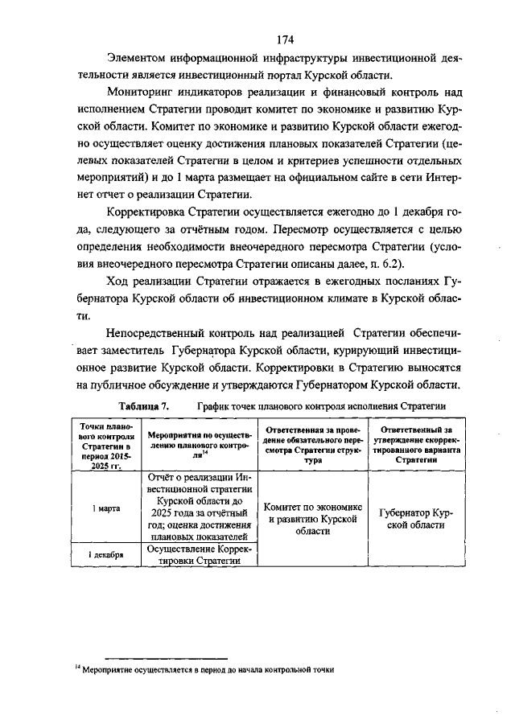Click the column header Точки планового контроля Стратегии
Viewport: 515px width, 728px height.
tap(101, 446)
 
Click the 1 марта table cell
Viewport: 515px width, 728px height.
tap(101, 508)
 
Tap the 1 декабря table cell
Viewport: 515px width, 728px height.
tap(101, 555)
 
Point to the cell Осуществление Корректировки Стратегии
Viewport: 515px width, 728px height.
tap(198, 555)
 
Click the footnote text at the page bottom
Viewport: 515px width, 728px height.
tap(204, 669)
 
